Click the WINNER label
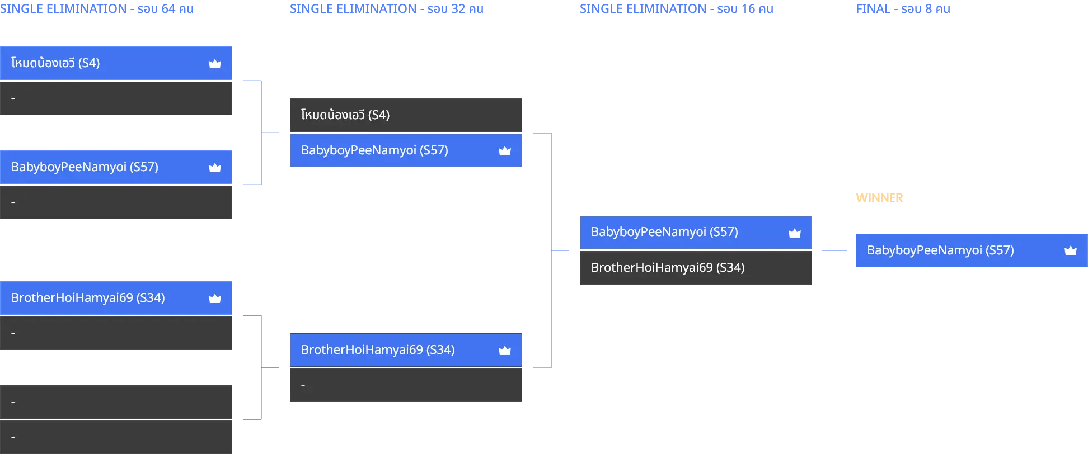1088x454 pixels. point(879,198)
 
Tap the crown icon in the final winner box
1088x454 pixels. point(1071,250)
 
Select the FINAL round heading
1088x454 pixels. point(903,9)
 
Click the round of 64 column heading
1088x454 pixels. point(97,9)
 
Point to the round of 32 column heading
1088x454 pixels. point(387,9)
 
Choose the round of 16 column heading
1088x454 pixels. point(677,9)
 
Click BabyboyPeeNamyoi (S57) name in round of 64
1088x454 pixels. point(85,167)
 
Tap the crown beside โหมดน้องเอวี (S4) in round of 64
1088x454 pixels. point(215,64)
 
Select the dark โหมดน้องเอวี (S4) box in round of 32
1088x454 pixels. point(406,115)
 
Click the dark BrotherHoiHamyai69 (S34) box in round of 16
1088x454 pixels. point(696,268)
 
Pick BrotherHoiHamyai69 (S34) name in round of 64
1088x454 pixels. point(88,298)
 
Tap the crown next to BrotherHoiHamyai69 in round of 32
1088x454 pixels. point(505,351)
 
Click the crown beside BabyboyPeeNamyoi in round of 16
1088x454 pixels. point(795,233)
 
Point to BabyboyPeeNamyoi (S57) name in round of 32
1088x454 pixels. point(374,150)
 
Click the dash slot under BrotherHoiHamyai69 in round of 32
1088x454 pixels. point(406,385)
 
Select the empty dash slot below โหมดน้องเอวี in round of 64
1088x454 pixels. point(116,98)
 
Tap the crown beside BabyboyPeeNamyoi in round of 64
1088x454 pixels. point(215,168)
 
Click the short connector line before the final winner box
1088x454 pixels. point(834,250)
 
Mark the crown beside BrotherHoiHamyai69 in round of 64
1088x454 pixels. point(215,299)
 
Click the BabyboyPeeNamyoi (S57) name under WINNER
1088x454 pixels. point(940,250)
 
